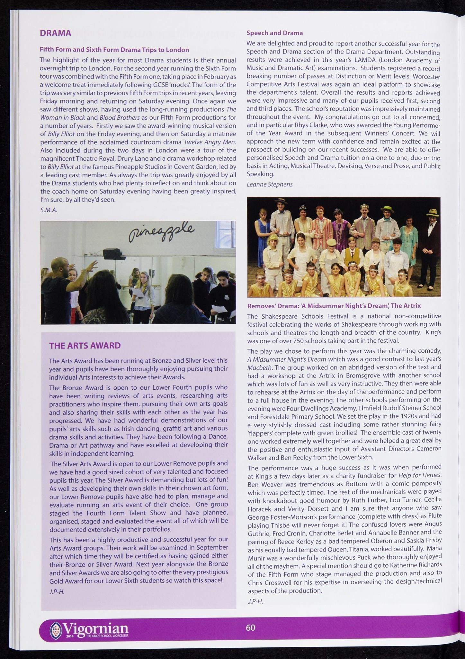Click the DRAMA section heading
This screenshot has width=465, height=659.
pyautogui.click(x=55, y=33)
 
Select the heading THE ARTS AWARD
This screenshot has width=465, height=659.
pyautogui.click(x=85, y=346)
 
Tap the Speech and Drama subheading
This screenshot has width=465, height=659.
pyautogui.click(x=274, y=33)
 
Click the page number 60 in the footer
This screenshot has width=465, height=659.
pyautogui.click(x=250, y=627)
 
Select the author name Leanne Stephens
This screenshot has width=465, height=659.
pyautogui.click(x=269, y=184)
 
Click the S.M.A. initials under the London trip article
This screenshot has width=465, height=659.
pyautogui.click(x=49, y=210)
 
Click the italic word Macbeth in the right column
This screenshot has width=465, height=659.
pyautogui.click(x=260, y=367)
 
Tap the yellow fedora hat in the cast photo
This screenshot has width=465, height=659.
pyautogui.click(x=432, y=212)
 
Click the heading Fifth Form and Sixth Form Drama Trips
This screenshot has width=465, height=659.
pyautogui.click(x=114, y=50)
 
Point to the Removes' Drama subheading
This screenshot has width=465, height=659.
pyautogui.click(x=334, y=305)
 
